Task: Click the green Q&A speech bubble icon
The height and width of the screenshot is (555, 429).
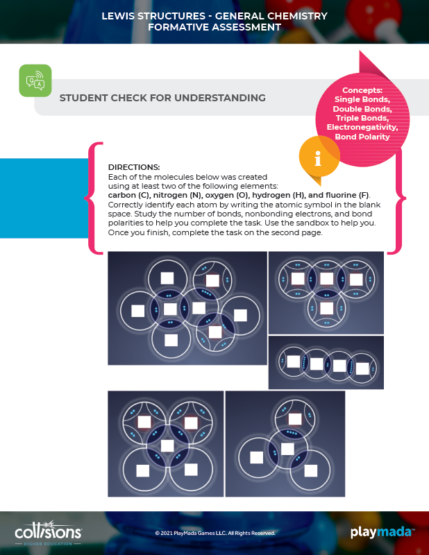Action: pos(35,80)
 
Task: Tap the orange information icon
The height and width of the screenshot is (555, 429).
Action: pos(318,158)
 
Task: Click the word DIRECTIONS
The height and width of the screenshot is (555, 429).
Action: pos(134,167)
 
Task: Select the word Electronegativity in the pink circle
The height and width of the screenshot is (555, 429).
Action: pos(362,127)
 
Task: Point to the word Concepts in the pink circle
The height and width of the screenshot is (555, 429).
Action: pos(362,90)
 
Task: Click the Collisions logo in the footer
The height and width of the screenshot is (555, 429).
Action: pos(48,533)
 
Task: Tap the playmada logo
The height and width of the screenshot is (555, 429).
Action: pos(382,532)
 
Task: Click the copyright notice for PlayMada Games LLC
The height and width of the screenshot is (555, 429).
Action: pos(215,533)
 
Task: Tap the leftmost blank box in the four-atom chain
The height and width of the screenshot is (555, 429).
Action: pos(294,361)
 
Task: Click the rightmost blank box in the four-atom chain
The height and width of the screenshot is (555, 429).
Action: pos(362,368)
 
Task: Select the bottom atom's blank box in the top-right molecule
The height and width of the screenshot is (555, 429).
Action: pos(326,308)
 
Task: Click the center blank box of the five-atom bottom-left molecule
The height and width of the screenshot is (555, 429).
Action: pos(167,445)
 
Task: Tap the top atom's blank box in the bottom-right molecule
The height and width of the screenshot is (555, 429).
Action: pos(295,419)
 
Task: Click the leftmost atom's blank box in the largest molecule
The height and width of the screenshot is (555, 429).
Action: pos(138,311)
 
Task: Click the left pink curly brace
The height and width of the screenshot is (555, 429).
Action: pos(94,198)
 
